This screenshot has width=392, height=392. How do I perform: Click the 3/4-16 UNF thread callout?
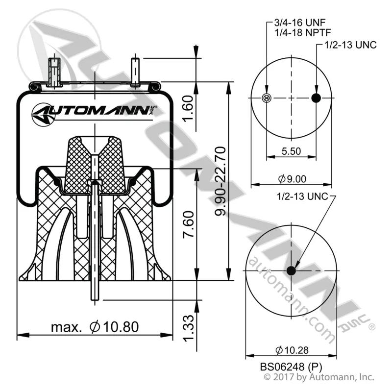[300, 23]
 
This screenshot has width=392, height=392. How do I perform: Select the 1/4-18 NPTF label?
[303, 32]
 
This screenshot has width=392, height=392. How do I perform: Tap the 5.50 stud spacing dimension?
[291, 151]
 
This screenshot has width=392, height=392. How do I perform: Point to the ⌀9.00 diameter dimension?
[292, 179]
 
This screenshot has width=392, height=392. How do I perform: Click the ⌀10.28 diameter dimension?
[292, 350]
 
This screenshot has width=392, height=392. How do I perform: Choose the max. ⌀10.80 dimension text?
[95, 327]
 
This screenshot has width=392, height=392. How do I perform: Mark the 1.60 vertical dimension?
[188, 108]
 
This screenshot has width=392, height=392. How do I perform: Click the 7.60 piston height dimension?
[188, 224]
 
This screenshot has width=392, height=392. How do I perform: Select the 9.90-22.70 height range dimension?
[220, 181]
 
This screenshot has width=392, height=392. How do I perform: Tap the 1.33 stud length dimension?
[188, 328]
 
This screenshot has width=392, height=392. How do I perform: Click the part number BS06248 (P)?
[291, 367]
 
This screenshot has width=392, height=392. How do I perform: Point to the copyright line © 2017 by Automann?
[319, 377]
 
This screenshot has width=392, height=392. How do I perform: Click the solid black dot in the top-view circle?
[316, 98]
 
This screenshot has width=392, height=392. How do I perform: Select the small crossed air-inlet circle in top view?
[267, 98]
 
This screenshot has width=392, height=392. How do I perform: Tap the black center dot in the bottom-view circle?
[291, 270]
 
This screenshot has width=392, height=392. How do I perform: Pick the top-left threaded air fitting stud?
[54, 72]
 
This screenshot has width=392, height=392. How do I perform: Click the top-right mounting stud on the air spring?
[135, 72]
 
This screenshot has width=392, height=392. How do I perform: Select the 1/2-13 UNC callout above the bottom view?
[302, 196]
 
